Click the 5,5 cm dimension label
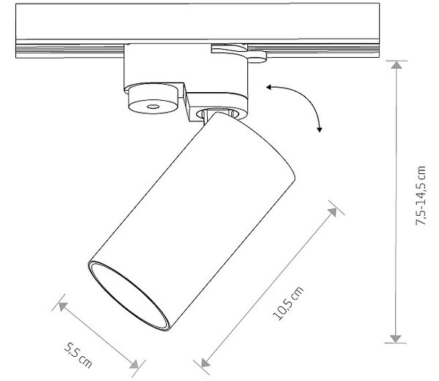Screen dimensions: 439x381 78,355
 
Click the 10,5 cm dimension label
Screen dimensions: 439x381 288,303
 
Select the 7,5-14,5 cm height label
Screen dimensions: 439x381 420,195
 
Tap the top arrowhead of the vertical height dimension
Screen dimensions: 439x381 396,65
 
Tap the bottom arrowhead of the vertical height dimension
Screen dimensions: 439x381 395,339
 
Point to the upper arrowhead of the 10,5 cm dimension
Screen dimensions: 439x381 333,212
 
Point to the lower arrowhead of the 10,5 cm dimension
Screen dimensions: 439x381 205,363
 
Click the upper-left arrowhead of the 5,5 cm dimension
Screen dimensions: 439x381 63,306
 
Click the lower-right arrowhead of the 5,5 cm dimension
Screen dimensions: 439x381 135,364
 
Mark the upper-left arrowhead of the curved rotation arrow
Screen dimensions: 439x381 269,87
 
